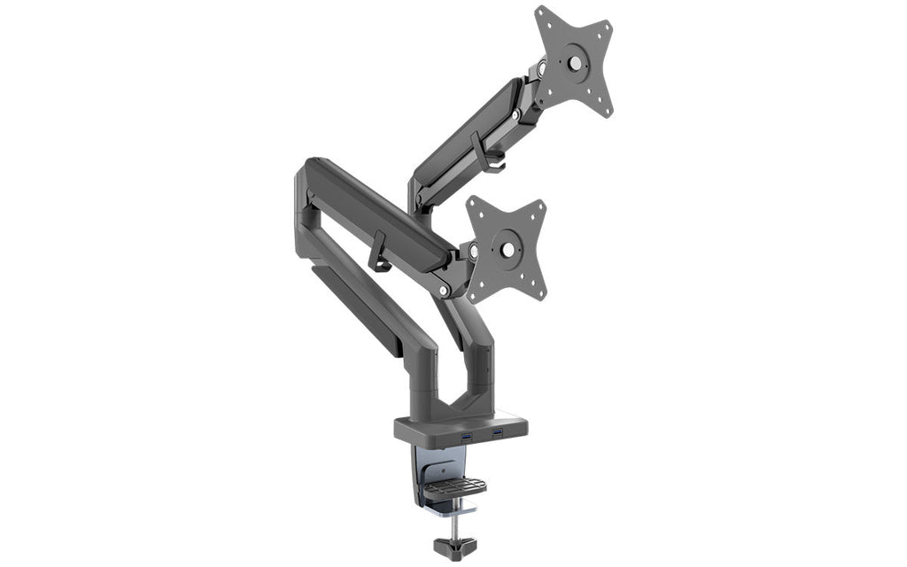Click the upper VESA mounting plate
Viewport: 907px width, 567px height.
(x=574, y=62)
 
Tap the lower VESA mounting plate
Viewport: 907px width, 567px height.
(x=507, y=250)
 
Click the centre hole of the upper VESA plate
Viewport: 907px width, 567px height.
(x=576, y=63)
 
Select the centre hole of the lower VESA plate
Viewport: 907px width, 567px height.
(x=508, y=251)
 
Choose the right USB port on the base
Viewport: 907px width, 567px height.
(x=497, y=432)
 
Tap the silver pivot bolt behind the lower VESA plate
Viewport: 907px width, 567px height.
(x=473, y=252)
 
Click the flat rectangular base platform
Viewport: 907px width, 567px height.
(x=461, y=427)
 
